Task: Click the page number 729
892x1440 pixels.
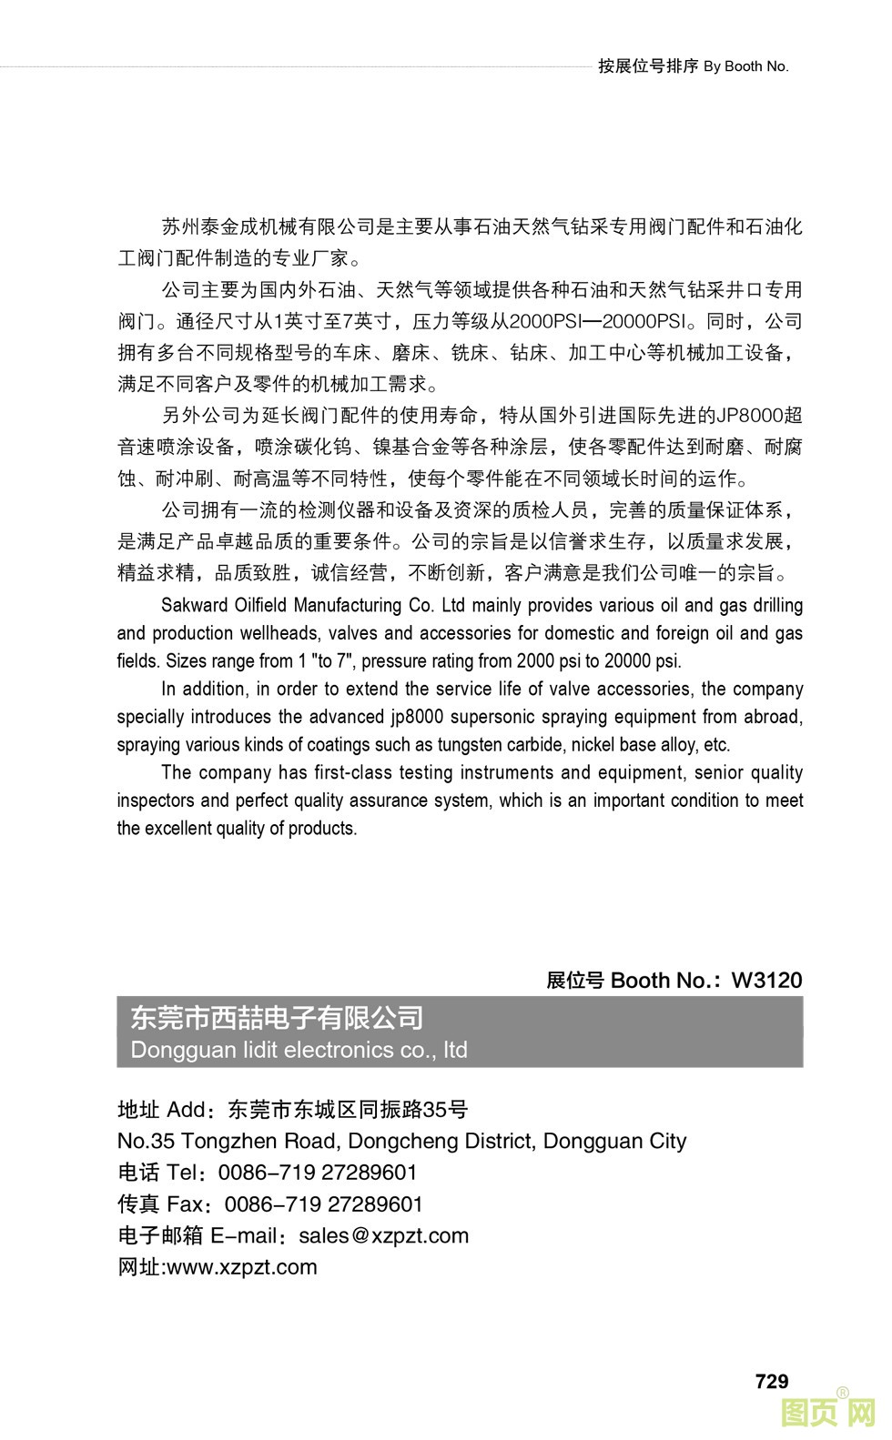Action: (771, 1381)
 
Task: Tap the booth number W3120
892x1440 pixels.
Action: (766, 980)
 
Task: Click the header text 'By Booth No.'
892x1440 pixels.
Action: (745, 66)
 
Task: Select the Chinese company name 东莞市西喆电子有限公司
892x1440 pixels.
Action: (278, 1017)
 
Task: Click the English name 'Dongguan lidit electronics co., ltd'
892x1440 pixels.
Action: (299, 1050)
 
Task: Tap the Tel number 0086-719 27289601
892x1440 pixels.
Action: (318, 1173)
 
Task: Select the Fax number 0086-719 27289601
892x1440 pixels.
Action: (323, 1204)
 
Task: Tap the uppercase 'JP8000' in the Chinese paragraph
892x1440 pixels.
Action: (750, 416)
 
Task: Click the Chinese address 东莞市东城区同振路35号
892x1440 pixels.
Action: (348, 1109)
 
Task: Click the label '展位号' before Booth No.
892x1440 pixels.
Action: (575, 980)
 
